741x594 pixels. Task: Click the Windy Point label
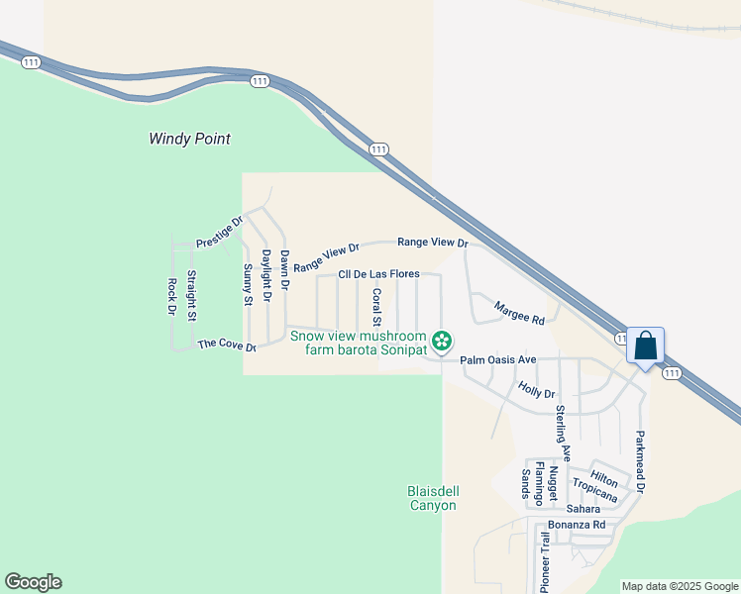(x=189, y=139)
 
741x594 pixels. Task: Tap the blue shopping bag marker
(x=645, y=346)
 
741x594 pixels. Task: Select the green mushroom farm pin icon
(x=443, y=343)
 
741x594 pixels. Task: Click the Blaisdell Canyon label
(x=433, y=498)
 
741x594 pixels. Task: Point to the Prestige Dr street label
(x=219, y=233)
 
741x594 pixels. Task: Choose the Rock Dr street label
(x=171, y=295)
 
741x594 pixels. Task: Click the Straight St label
(x=191, y=295)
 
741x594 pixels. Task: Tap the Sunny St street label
(x=249, y=285)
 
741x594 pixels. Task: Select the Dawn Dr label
(x=283, y=269)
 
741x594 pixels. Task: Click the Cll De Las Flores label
(x=379, y=274)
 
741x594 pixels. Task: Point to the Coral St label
(x=376, y=307)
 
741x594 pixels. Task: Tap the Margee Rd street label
(x=520, y=314)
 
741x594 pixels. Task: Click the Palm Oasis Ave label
(x=498, y=359)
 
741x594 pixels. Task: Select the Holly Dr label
(x=536, y=392)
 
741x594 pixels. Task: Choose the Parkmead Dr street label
(x=640, y=462)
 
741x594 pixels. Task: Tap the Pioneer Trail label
(x=543, y=561)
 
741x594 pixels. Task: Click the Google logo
(x=33, y=582)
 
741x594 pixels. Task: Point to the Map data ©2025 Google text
(x=680, y=586)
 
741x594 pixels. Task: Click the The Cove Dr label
(x=227, y=345)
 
